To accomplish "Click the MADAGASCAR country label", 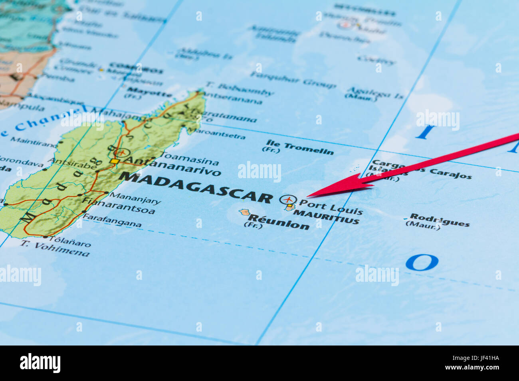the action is click(196, 187).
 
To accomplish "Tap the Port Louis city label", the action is click(331, 206).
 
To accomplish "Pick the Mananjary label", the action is click(135, 198).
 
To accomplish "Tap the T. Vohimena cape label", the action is click(55, 249).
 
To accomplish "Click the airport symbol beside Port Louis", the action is click(288, 199).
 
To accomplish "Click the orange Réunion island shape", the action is click(244, 212).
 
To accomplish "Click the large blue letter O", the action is click(422, 263).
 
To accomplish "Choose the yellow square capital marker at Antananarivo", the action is click(115, 161).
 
